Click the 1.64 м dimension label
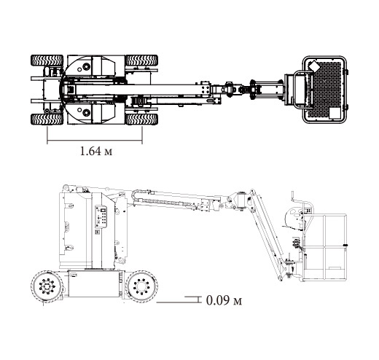[x=96, y=151]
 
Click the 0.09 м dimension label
[x=224, y=300]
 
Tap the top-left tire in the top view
[x=47, y=60]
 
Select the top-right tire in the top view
[x=142, y=60]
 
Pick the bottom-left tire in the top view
[x=47, y=119]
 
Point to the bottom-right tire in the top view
[x=142, y=119]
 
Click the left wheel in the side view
[x=47, y=286]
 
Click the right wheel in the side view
[x=141, y=286]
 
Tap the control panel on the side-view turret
[x=101, y=217]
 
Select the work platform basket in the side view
[x=325, y=247]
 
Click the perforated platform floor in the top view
[x=324, y=90]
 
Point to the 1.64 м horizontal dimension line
[x=95, y=141]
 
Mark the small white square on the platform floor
[x=335, y=113]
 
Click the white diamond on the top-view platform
[x=314, y=66]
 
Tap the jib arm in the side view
[x=267, y=235]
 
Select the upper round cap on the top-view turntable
[x=86, y=66]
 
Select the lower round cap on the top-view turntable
[x=86, y=112]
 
